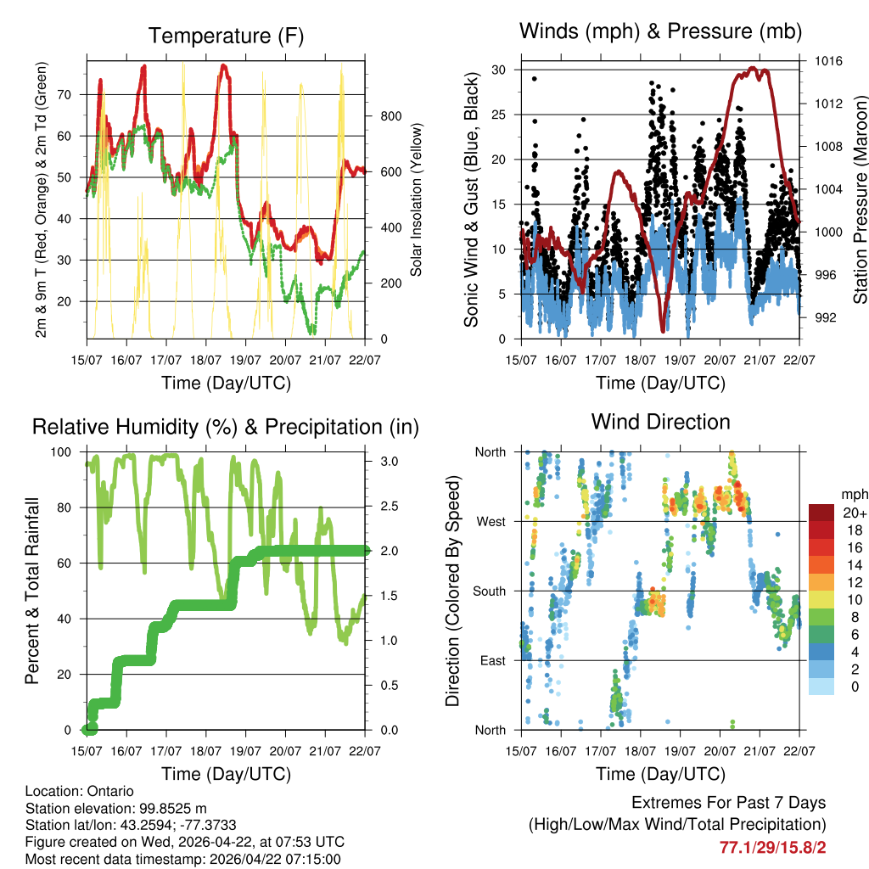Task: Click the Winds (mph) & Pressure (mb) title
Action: (660, 31)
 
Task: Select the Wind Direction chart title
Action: (660, 421)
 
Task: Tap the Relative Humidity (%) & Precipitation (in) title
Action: (225, 427)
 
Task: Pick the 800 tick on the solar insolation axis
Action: (384, 116)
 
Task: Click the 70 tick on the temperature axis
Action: (73, 94)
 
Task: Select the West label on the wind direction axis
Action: (491, 521)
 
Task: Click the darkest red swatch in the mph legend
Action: (821, 513)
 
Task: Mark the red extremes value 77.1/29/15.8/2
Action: (772, 847)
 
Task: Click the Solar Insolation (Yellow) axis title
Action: (417, 199)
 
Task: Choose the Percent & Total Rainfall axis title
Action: (32, 590)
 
